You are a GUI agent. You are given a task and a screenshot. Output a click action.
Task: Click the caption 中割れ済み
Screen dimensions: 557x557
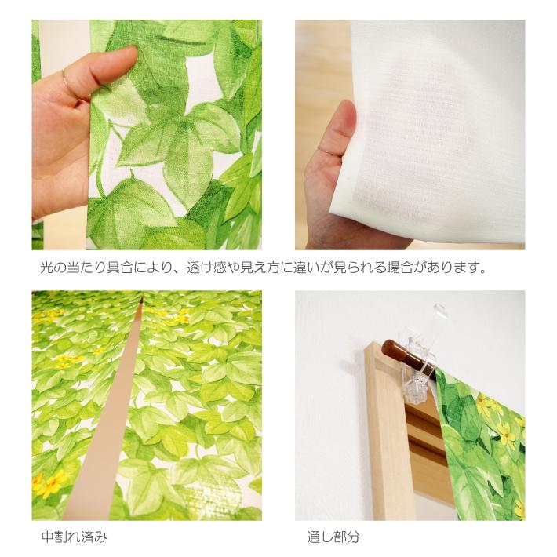(x=74, y=537)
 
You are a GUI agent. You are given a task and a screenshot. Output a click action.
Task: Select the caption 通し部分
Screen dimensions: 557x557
(x=333, y=537)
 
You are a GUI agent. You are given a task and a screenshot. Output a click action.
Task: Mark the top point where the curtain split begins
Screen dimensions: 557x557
(x=142, y=300)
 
